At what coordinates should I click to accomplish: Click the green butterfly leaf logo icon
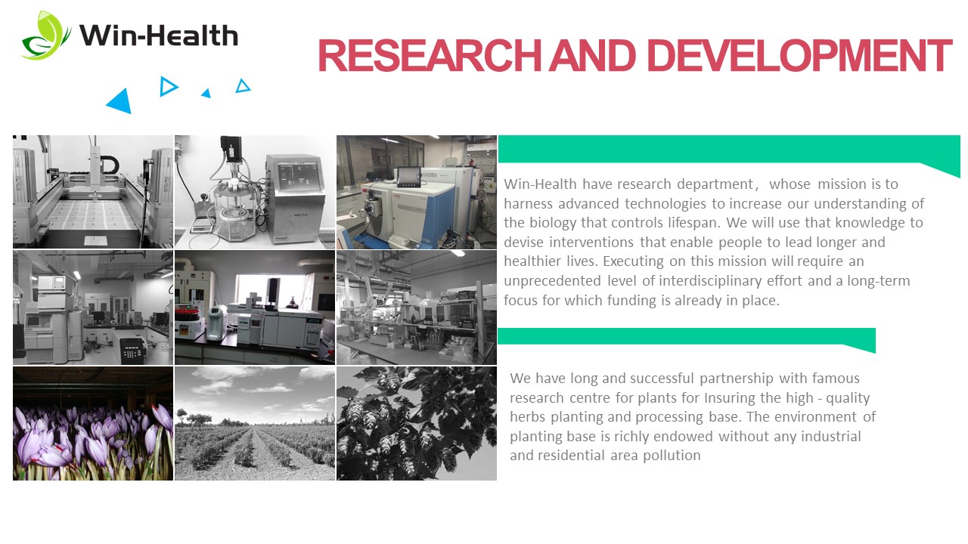coord(45,36)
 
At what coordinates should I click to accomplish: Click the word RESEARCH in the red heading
coord(429,56)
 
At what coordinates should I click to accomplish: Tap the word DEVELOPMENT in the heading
coord(799,56)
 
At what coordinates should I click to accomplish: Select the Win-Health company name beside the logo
coord(159,36)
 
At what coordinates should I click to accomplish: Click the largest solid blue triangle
coord(120,102)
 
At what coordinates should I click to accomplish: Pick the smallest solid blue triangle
coord(206,93)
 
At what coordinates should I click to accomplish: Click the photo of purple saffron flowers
coord(93,424)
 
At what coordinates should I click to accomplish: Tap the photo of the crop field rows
coord(255,424)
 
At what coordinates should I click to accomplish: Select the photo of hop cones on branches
coord(417,424)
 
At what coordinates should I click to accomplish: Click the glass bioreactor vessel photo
coord(255,192)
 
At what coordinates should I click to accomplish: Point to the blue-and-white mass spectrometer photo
coord(417,192)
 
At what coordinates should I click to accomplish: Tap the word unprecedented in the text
coord(552,281)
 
